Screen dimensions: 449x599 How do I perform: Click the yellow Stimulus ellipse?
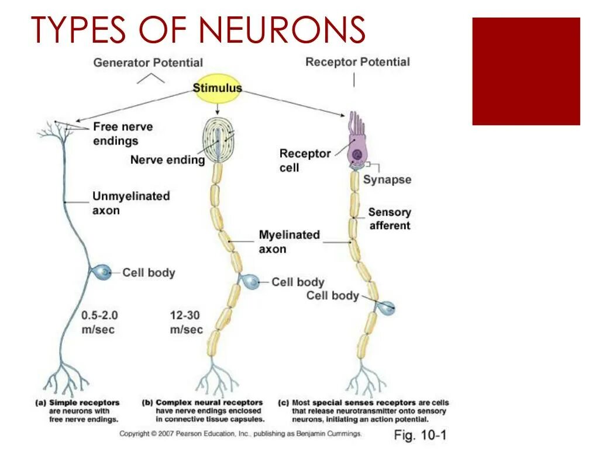coord(217,88)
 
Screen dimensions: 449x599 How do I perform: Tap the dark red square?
coord(526,71)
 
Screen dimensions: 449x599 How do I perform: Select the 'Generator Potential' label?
coord(148,63)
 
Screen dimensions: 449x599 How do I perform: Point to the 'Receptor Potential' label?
coord(357,62)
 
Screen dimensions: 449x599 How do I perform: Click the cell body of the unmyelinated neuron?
coord(102,272)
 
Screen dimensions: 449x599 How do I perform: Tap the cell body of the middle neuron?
coord(252,282)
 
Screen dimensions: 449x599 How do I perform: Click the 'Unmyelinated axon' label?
coord(131,203)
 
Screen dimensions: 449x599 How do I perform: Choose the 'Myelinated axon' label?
coord(289,241)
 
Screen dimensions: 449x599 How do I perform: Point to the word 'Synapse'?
coord(387,179)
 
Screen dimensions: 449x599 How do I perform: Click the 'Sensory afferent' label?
coord(390,219)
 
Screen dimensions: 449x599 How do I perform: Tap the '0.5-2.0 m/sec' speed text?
coord(99,322)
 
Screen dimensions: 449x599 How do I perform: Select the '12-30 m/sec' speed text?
coord(186,322)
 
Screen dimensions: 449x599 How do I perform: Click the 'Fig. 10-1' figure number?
coord(420,435)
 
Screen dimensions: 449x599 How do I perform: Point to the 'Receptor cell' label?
coord(304,160)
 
